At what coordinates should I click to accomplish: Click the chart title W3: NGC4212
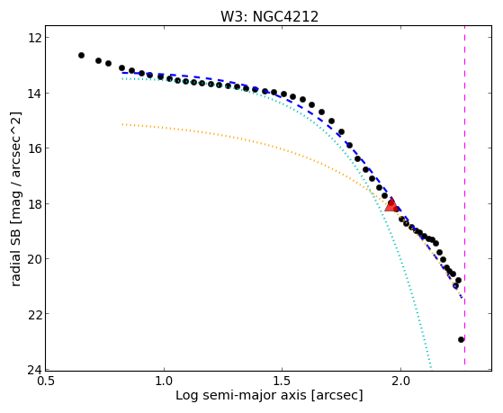(x=269, y=16)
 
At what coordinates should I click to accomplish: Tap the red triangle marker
(x=391, y=205)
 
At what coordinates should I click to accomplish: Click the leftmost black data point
(x=81, y=55)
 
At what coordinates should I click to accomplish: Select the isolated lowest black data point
(x=461, y=339)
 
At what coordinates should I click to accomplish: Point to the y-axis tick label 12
(x=33, y=38)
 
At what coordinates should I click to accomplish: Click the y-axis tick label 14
(x=33, y=93)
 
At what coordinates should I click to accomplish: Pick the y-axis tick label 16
(x=33, y=148)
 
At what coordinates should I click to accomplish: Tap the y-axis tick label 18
(x=33, y=203)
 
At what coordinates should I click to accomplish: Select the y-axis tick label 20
(x=33, y=258)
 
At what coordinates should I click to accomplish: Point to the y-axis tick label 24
(x=33, y=370)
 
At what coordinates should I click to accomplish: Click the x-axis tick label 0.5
(x=46, y=381)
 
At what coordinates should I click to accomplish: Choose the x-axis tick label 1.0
(x=164, y=381)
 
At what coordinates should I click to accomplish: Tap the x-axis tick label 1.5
(x=282, y=381)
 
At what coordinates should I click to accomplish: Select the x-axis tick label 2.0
(x=400, y=381)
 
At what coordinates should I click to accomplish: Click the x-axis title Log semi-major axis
(x=240, y=396)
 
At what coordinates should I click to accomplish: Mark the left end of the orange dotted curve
(x=122, y=124)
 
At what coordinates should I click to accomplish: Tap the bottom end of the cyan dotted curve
(x=431, y=368)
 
